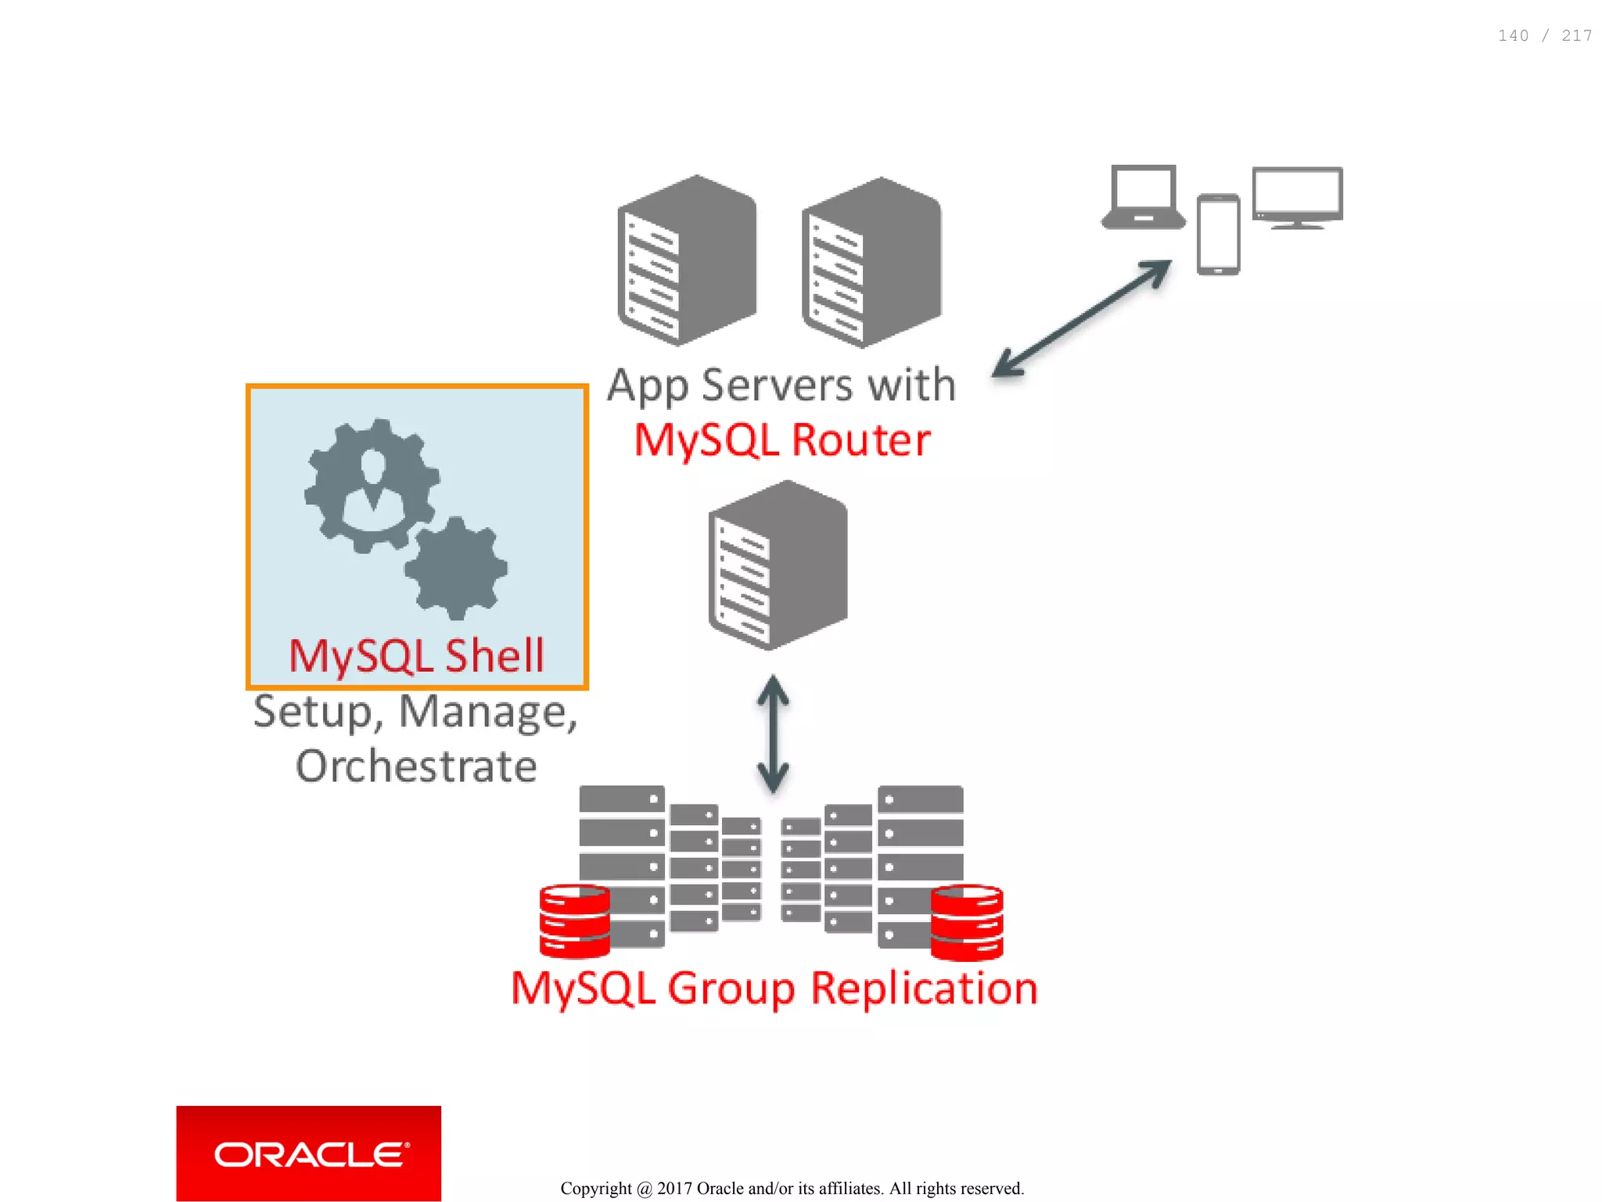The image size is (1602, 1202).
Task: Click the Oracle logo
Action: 309,1154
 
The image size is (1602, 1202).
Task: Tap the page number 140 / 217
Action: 1544,36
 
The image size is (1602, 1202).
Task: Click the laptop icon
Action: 1143,197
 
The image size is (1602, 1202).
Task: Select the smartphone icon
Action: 1218,235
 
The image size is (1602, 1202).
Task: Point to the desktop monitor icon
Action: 1297,197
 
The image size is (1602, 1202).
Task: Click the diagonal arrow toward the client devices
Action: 1082,318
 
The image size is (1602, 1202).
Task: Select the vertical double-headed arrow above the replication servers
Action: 773,734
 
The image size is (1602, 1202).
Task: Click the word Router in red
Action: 860,440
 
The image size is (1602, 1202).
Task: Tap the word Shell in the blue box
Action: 494,655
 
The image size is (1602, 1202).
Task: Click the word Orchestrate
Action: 416,766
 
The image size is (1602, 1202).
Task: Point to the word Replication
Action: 924,989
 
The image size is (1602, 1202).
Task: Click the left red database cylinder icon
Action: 574,921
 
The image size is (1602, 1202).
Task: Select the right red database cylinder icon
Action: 967,923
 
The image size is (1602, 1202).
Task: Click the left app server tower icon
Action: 687,260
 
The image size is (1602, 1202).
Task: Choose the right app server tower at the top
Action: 871,263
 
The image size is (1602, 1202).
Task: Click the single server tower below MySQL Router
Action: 778,565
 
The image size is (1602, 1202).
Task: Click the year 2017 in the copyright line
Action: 674,1189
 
